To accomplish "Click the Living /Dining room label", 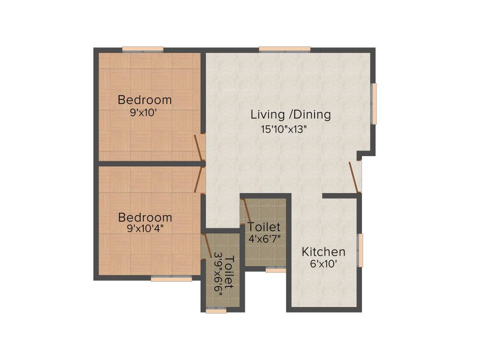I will tap(291, 114).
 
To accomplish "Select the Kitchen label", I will tap(323, 252).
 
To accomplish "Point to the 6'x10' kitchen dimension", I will tap(323, 264).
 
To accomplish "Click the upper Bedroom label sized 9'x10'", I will tap(144, 100).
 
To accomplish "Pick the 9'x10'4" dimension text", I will tap(144, 229).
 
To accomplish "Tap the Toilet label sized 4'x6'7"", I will tap(264, 227).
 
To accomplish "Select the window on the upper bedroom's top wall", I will tap(142, 49).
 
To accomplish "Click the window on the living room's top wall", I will tap(285, 49).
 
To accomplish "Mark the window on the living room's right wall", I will tap(374, 104).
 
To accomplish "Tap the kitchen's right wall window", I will tap(360, 250).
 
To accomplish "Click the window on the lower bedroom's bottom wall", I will tap(171, 278).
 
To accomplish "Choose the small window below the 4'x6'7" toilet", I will tap(276, 270).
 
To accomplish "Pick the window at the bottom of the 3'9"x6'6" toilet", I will tap(216, 310).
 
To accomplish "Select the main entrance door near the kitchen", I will tap(354, 178).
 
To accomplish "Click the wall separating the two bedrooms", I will tap(150, 164).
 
